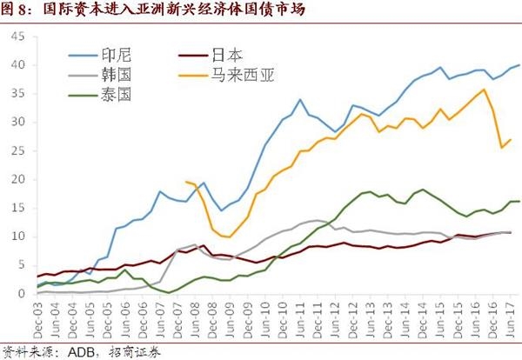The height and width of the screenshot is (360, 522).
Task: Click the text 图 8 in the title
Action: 18,10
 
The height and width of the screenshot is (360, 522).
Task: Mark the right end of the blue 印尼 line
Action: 520,65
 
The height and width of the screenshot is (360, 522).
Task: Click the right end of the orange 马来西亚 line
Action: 511,139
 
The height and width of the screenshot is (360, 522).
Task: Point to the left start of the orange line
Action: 186,182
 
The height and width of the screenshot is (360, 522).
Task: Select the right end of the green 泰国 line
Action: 520,201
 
